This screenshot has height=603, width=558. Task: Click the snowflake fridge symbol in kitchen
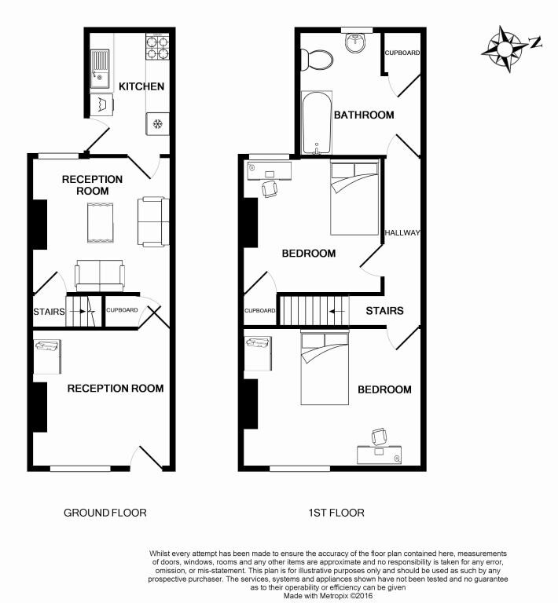pyautogui.click(x=157, y=123)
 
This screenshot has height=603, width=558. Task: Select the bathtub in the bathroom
pyautogui.click(x=314, y=122)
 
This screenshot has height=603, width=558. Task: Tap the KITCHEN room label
pyautogui.click(x=141, y=86)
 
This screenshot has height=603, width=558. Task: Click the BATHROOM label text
pyautogui.click(x=364, y=115)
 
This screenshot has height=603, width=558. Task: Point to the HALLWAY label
pyautogui.click(x=403, y=233)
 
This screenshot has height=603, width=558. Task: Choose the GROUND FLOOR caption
pyautogui.click(x=105, y=513)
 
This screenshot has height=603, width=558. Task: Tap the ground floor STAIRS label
pyautogui.click(x=49, y=311)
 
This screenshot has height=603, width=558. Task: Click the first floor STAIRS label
pyautogui.click(x=384, y=311)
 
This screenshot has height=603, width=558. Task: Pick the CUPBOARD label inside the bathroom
pyautogui.click(x=402, y=53)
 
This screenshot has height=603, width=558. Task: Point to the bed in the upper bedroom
pyautogui.click(x=355, y=198)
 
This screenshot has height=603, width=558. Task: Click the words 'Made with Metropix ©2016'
pyautogui.click(x=328, y=596)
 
